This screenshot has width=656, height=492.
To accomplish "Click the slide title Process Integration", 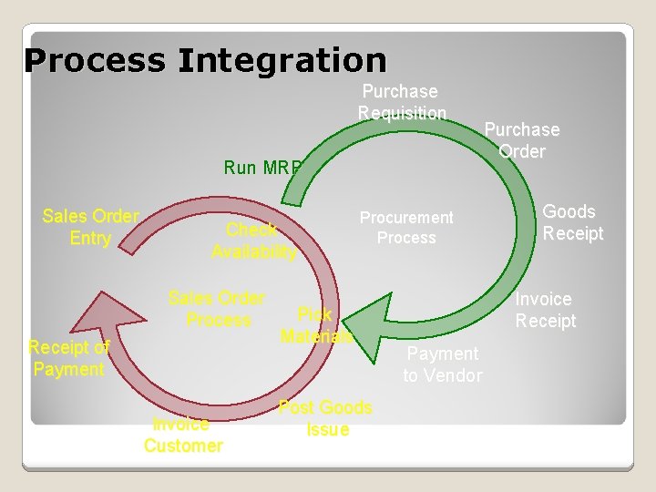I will click(x=206, y=61).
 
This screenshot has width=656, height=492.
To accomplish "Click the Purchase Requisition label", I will click(x=401, y=102).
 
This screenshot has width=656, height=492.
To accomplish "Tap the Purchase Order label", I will click(x=522, y=140).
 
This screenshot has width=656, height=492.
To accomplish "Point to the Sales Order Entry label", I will click(x=90, y=228).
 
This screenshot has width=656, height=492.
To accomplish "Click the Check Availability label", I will click(x=253, y=241).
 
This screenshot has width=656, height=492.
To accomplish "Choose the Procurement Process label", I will click(x=406, y=228).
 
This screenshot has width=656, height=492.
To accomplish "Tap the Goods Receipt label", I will click(x=571, y=222).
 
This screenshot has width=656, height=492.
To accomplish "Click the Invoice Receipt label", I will click(x=545, y=310).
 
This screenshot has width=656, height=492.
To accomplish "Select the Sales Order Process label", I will click(x=218, y=309).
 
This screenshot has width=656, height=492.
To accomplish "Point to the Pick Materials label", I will click(x=315, y=325).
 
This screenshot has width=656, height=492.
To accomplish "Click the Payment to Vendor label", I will click(x=443, y=364).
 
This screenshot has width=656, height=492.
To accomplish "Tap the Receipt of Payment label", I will click(x=68, y=358).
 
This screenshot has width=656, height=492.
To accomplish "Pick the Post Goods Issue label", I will click(x=325, y=418).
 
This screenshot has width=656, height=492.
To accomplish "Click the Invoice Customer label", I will click(x=183, y=435).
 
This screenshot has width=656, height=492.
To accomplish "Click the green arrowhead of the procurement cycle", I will click(x=369, y=319).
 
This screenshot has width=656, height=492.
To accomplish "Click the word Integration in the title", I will click(x=282, y=61).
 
